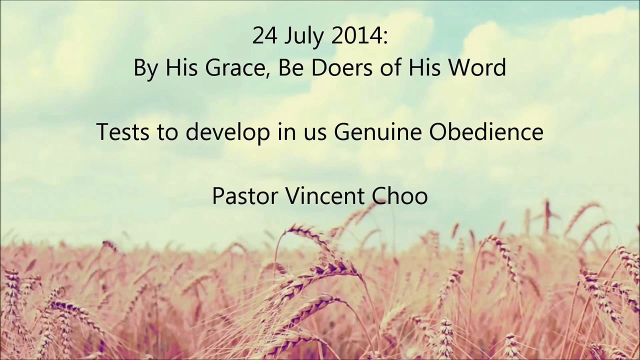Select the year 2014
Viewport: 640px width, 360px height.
click(358, 36)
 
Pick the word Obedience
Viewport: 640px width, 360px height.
click(486, 132)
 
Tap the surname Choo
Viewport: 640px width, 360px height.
click(400, 195)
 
